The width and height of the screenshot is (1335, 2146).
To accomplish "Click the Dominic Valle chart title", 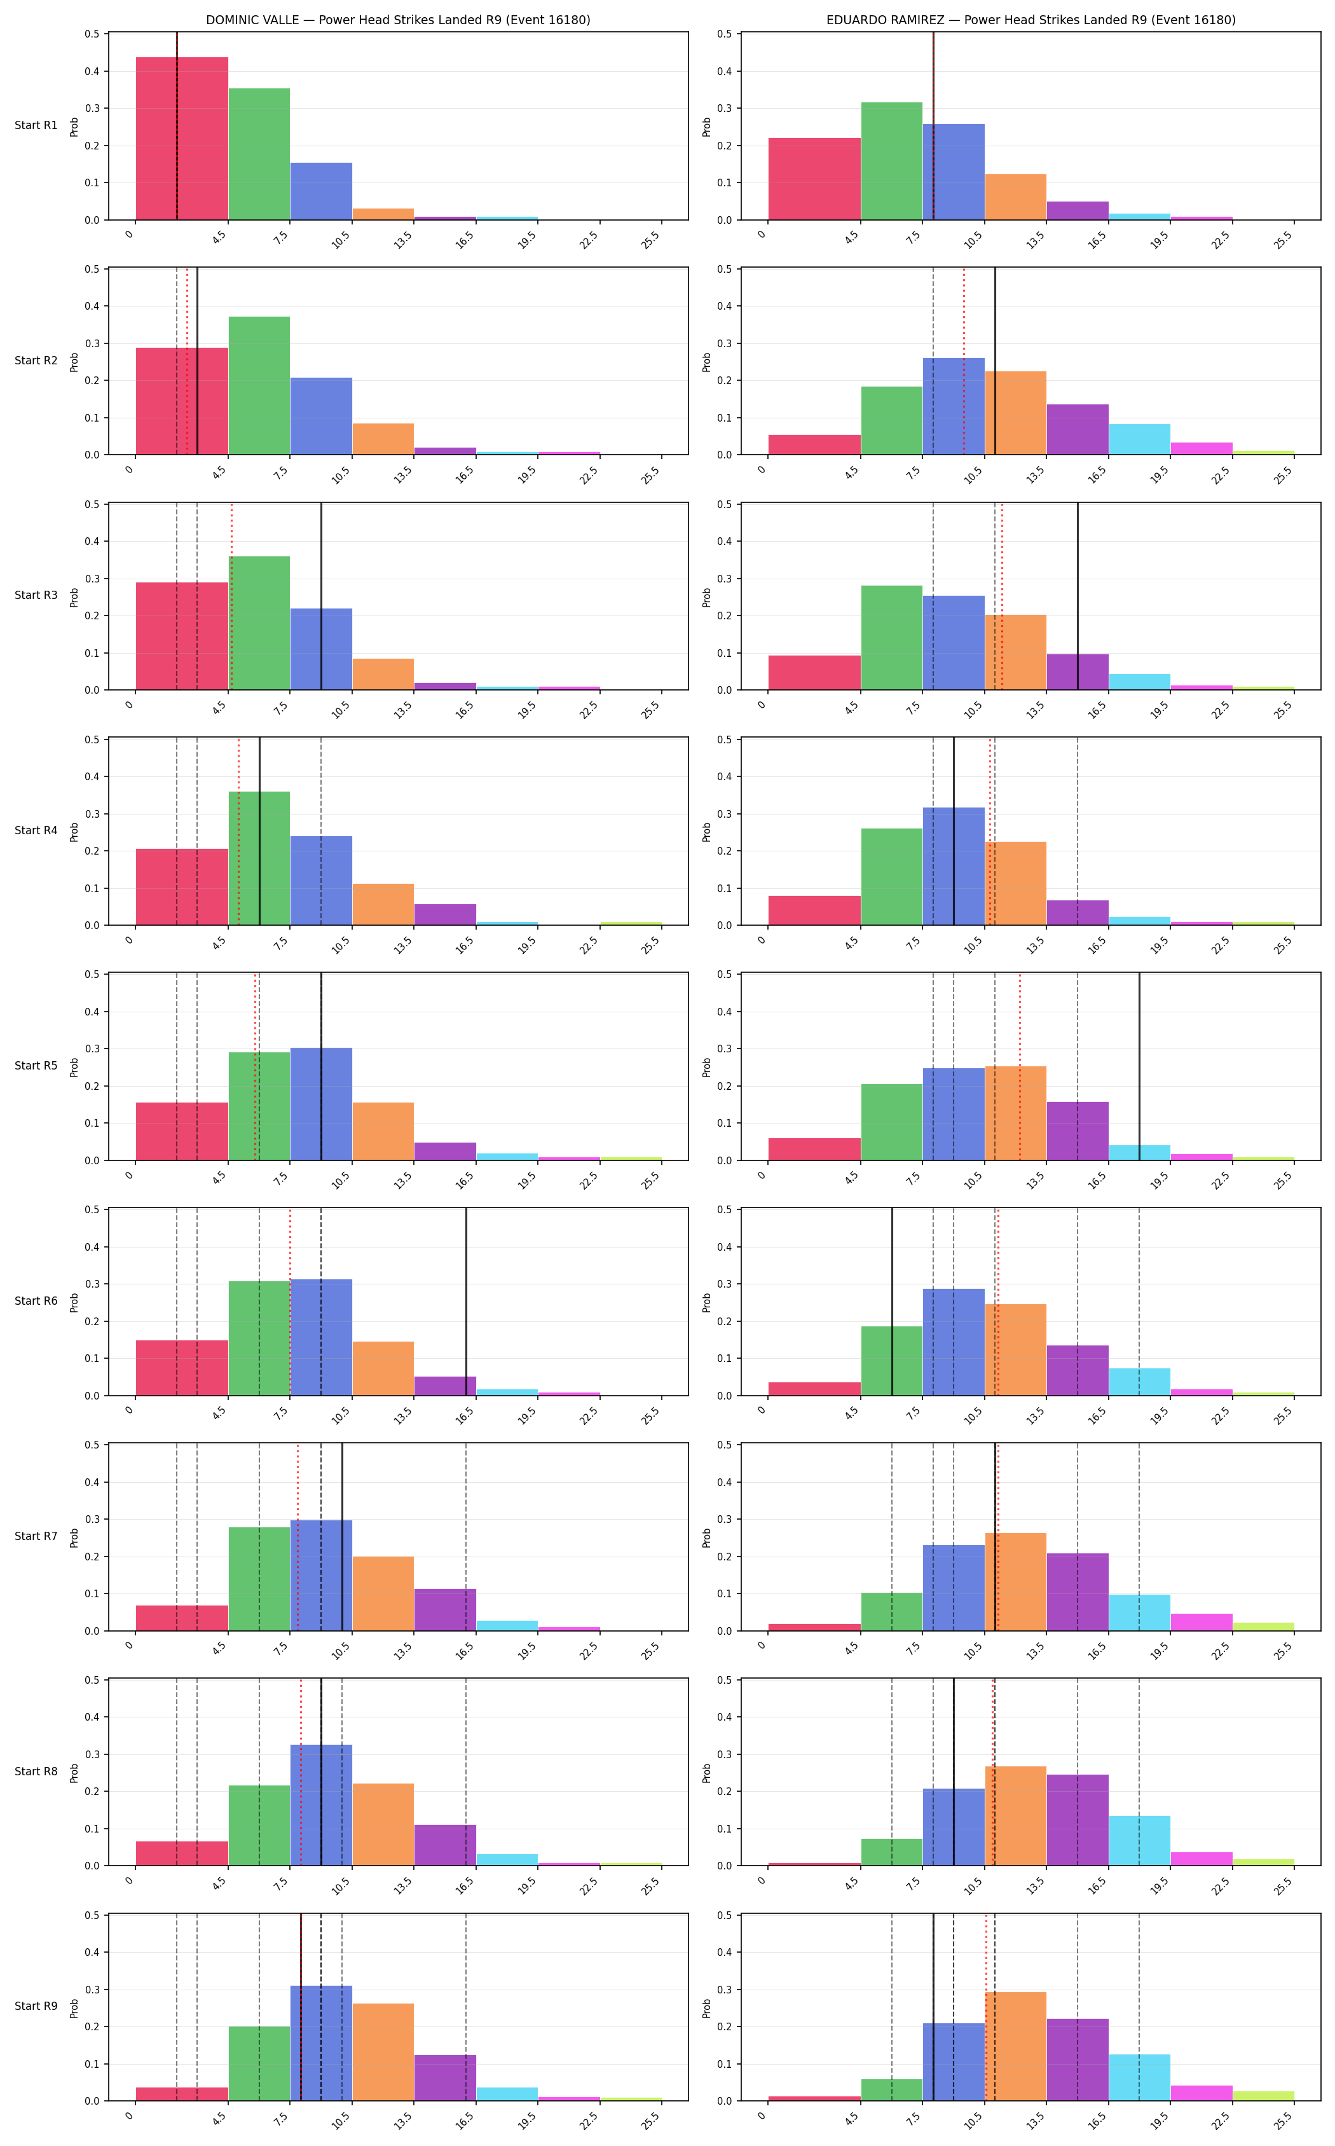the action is [x=398, y=20].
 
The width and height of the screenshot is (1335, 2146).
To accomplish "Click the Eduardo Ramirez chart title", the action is [x=1030, y=20].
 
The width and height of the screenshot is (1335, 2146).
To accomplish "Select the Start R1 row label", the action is [x=36, y=125].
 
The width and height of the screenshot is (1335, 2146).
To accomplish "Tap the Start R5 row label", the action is [x=36, y=1066].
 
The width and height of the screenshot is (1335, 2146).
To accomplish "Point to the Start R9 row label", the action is [x=36, y=2007].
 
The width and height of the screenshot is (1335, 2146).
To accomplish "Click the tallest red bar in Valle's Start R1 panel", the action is [x=182, y=139].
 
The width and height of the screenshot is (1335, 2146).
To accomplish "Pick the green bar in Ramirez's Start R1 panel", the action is [x=892, y=161].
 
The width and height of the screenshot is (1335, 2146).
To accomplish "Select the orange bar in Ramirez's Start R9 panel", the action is [x=1015, y=2046].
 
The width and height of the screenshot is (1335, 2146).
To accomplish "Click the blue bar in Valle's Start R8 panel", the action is [x=322, y=1805].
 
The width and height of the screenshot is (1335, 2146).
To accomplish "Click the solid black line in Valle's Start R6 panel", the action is [x=466, y=1302].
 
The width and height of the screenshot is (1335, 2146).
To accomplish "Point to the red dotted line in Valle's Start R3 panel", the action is [x=231, y=597].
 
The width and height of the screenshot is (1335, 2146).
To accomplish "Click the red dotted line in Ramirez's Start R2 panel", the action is [x=964, y=362].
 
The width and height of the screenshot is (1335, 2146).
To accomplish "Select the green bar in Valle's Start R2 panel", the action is [x=259, y=386].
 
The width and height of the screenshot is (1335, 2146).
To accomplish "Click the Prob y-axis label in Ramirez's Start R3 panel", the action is [x=706, y=597].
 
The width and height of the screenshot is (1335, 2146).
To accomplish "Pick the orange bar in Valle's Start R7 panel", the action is [x=383, y=1594].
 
